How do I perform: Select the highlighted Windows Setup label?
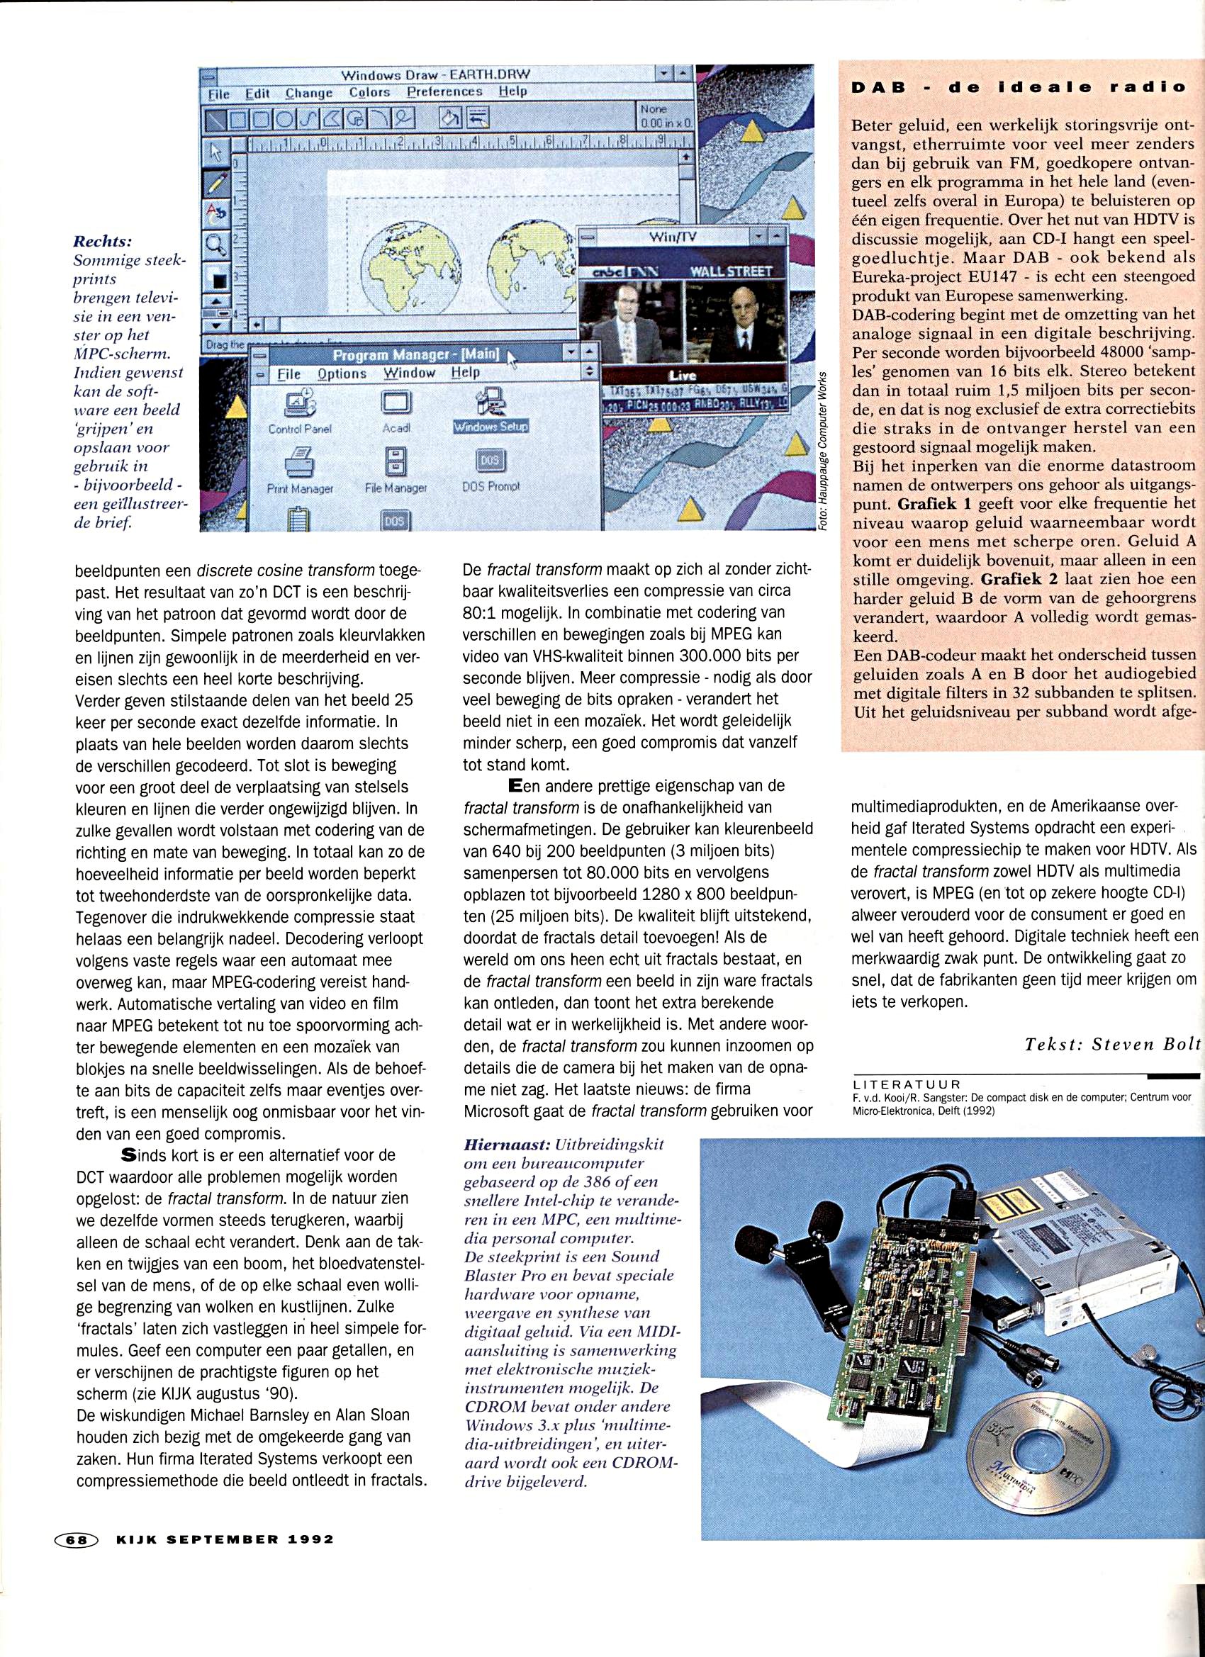point(490,427)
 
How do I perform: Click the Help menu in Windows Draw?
point(512,92)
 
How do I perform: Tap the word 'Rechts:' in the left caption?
point(108,241)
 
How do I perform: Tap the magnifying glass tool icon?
point(216,245)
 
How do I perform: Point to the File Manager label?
point(396,488)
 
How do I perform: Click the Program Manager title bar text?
point(416,355)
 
